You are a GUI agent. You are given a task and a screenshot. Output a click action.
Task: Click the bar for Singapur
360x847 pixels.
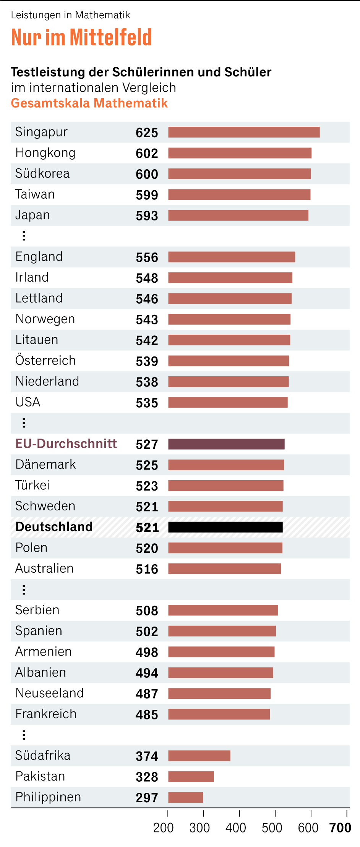point(244,132)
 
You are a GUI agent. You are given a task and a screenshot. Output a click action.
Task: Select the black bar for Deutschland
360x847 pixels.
point(225,527)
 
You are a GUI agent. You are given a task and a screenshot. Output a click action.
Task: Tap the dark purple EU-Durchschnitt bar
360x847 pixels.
point(226,444)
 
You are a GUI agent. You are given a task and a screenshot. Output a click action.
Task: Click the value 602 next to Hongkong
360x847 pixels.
point(147,153)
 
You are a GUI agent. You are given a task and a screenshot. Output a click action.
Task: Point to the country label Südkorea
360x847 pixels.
point(42,173)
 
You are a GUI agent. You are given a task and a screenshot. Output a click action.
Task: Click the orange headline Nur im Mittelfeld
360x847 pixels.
point(81,37)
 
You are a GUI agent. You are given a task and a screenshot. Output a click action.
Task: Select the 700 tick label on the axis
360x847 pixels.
point(340,828)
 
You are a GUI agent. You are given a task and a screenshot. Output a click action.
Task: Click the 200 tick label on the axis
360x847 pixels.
point(164,828)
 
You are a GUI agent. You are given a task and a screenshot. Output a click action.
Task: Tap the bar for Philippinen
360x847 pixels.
point(185,797)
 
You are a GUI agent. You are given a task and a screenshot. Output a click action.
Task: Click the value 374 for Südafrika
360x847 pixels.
point(147,756)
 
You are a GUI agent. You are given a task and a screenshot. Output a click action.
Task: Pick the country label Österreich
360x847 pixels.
point(45,360)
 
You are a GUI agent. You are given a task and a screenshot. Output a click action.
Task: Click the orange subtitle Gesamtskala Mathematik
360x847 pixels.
point(89,103)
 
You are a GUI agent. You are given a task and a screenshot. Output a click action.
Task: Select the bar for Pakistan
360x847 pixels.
point(191,777)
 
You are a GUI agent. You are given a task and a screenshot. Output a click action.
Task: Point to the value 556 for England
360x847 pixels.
point(147,257)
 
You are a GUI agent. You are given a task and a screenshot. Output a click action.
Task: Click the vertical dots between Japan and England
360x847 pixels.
point(24,236)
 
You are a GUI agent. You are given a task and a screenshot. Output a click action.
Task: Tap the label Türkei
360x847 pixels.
point(32,485)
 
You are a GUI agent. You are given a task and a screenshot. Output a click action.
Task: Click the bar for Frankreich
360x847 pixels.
point(219,714)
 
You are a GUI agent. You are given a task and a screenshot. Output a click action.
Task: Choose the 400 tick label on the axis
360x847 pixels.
point(236,828)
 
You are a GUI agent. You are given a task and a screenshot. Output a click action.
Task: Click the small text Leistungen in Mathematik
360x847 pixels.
point(70,15)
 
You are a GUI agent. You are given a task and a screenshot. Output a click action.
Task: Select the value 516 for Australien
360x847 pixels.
point(147,569)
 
